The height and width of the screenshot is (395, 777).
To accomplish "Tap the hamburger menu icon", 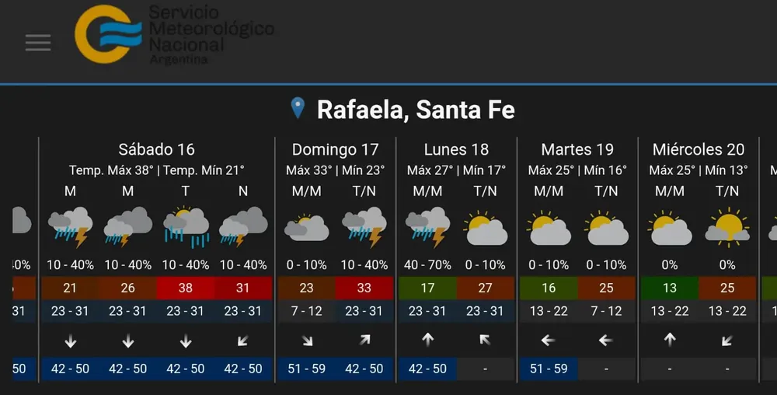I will pyautogui.click(x=37, y=43).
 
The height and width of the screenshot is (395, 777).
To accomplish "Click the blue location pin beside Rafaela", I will pyautogui.click(x=298, y=108).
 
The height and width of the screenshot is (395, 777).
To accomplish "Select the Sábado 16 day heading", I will pyautogui.click(x=156, y=149).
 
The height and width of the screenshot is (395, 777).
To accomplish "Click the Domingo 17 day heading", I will pyautogui.click(x=335, y=149).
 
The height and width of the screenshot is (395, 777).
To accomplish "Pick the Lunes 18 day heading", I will pyautogui.click(x=456, y=149).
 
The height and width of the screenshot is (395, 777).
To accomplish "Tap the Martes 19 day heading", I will pyautogui.click(x=577, y=149).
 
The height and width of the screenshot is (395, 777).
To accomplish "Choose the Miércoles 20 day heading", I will pyautogui.click(x=699, y=149).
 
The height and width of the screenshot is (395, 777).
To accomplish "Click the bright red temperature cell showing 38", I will pyautogui.click(x=185, y=288).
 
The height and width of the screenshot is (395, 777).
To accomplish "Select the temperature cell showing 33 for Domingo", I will pyautogui.click(x=364, y=288).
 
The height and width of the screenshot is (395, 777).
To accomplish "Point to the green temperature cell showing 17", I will pyautogui.click(x=427, y=288).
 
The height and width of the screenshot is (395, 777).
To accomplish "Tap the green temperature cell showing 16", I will pyautogui.click(x=549, y=288).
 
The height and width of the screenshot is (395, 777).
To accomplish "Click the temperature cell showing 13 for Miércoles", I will pyautogui.click(x=670, y=288).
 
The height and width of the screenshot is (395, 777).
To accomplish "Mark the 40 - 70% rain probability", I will pyautogui.click(x=427, y=265).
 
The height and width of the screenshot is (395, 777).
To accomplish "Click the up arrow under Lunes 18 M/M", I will pyautogui.click(x=427, y=340).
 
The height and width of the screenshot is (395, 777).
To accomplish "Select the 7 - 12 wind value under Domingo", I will pyautogui.click(x=306, y=311).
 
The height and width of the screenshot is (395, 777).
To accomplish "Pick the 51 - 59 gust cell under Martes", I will pyautogui.click(x=549, y=369).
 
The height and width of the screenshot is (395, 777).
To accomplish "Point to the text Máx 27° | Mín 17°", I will pyautogui.click(x=456, y=170).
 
